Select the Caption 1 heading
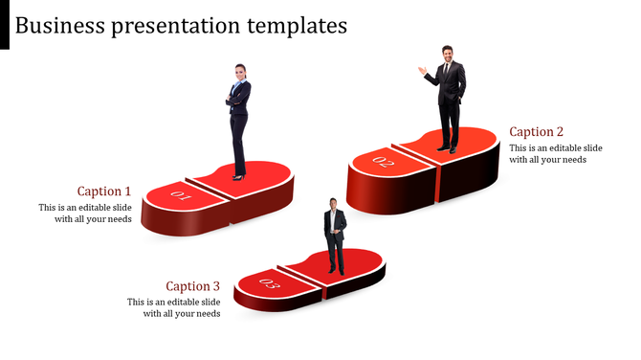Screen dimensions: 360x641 [104, 191]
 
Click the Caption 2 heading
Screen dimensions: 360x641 [537, 131]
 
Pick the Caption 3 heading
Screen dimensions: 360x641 [192, 285]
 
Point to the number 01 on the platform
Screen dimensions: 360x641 [181, 198]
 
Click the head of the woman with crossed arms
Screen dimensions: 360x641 [239, 72]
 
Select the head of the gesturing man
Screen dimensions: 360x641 [447, 53]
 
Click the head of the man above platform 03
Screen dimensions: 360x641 [333, 204]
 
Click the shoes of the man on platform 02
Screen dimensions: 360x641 [447, 149]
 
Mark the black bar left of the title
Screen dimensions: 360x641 [5, 24]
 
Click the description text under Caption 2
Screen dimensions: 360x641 [555, 153]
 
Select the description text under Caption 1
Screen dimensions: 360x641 [85, 213]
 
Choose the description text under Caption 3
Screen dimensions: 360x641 [174, 307]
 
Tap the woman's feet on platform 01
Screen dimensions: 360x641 [238, 176]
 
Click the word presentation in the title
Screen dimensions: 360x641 [171, 26]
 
